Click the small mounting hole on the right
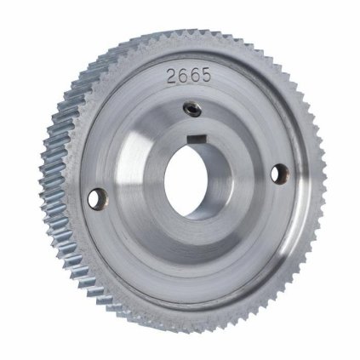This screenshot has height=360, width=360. click(276, 171)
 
